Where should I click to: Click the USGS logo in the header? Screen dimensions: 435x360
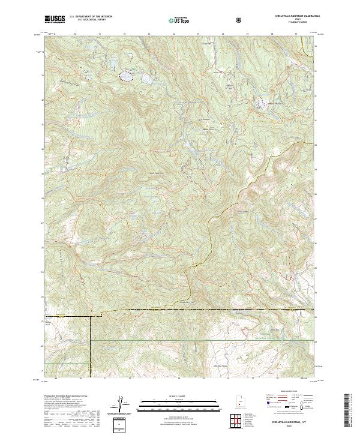(55, 19)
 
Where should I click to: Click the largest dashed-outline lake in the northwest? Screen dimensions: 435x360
(127, 76)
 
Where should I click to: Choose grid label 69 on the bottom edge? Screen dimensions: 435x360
(55, 379)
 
